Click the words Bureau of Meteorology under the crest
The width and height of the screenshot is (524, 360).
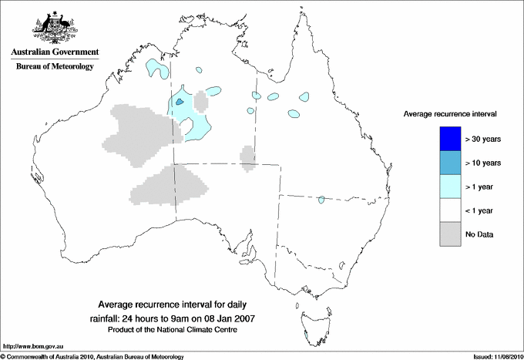[x=55, y=67]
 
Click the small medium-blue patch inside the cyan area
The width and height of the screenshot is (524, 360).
[x=180, y=101]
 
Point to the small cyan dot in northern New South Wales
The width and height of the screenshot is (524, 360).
[x=321, y=200]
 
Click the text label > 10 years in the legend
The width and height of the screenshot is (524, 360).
[x=484, y=163]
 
